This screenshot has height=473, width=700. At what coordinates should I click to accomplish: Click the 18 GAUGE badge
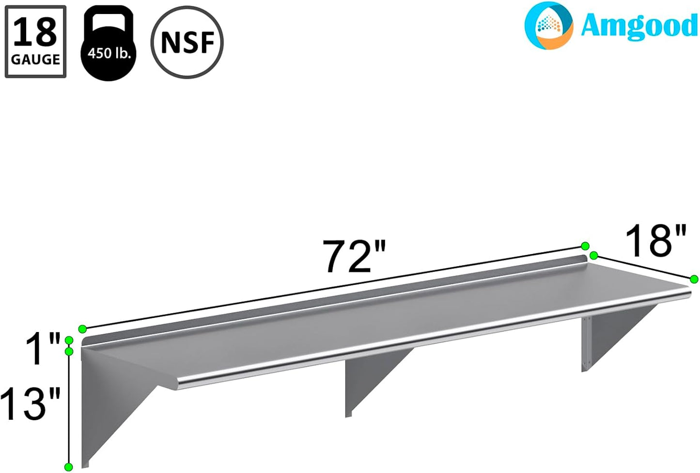35,42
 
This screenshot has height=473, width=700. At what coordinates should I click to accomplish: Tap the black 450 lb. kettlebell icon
109,44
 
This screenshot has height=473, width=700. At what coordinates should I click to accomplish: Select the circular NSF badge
187,42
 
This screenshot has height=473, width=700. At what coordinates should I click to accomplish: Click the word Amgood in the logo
638,25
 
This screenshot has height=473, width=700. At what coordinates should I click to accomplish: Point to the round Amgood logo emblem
549,25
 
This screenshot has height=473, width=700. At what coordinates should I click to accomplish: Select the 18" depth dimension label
655,241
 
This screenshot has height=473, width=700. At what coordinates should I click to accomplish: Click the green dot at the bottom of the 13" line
69,467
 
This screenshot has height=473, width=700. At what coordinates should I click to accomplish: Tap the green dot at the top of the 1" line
69,340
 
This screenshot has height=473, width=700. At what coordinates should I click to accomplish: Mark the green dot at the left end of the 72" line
82,329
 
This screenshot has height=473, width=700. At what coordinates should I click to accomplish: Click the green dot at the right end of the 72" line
585,246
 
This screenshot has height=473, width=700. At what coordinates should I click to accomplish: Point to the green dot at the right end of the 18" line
694,279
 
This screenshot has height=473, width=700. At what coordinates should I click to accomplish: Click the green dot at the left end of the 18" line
594,255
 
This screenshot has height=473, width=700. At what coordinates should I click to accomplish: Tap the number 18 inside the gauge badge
35,32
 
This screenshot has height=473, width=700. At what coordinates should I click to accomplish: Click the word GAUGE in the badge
35,60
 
